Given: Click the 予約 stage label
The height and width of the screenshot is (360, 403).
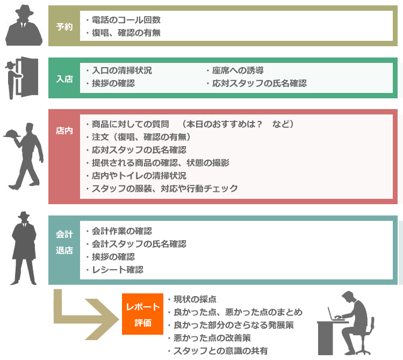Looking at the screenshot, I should click(64, 26).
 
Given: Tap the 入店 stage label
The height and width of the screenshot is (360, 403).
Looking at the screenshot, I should click(64, 78).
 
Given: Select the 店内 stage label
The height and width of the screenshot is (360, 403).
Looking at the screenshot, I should click(64, 131).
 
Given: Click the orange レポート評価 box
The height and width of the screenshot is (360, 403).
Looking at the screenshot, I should click(142, 314).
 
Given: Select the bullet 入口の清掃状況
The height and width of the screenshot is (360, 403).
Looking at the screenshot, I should click(121, 70).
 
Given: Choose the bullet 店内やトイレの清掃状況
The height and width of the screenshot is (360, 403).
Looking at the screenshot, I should click(143, 175).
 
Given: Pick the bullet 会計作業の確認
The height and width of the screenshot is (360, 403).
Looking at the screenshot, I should click(121, 231).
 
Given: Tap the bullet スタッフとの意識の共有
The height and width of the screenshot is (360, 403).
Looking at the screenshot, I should click(220, 351).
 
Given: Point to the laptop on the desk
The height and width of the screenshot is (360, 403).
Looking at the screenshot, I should click(340, 316).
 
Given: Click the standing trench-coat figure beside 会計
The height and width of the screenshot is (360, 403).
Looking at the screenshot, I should click(24, 247).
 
